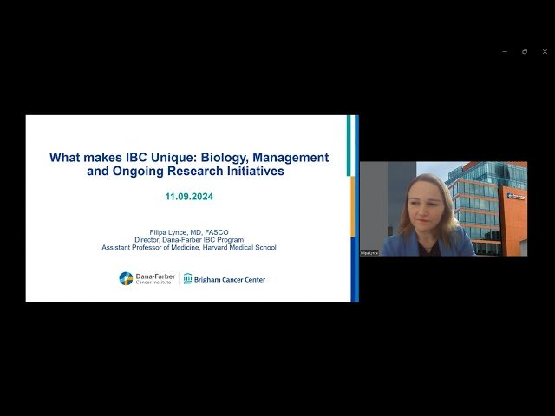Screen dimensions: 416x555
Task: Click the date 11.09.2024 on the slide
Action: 189,197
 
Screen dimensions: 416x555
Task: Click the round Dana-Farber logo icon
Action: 126,278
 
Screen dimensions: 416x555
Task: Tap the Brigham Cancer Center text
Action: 230,279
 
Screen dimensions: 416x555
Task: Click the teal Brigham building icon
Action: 187,278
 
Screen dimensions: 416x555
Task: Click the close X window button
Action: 545,51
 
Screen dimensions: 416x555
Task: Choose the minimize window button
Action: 506,51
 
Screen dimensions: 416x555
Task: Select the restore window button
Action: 525,51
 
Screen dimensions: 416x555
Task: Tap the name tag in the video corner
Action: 369,253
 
